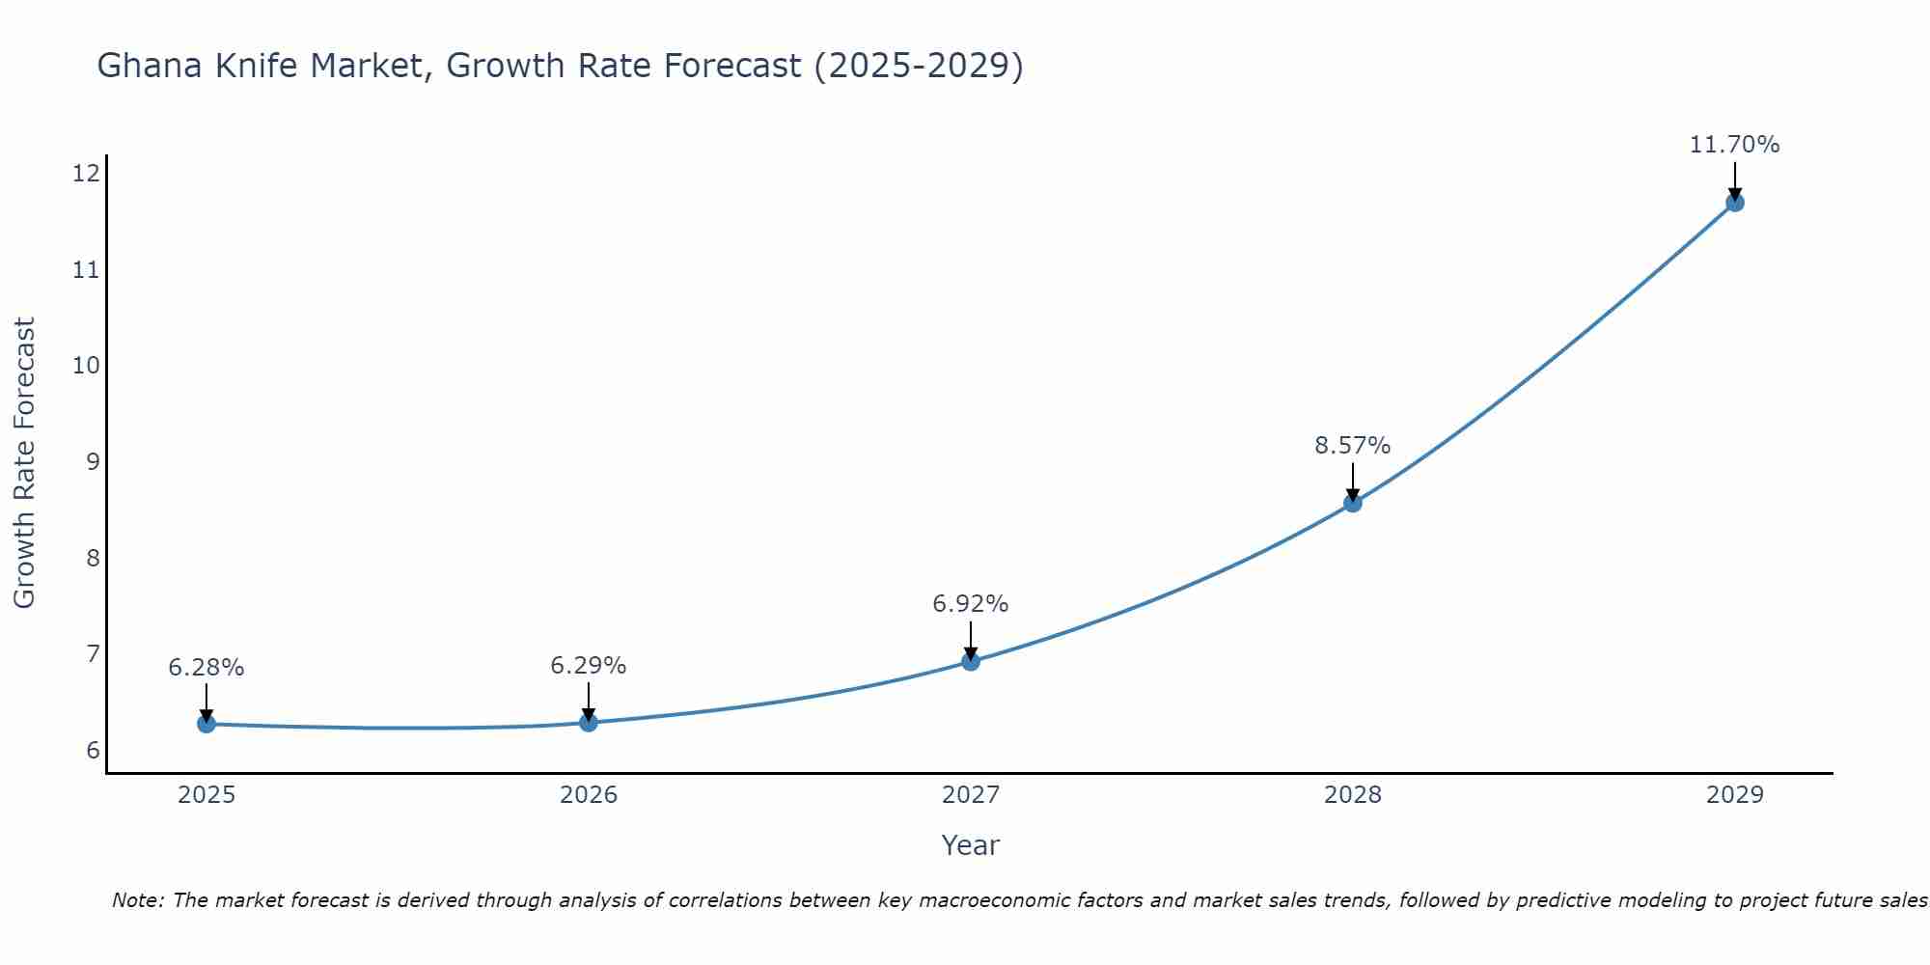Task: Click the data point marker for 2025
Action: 207,724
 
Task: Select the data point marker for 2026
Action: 589,723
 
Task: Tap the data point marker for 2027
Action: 971,662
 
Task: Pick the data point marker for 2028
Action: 1353,503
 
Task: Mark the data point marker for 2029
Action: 1735,203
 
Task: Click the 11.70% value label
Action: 1734,145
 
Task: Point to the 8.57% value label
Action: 1352,446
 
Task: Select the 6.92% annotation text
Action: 970,604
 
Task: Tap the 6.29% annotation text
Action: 588,666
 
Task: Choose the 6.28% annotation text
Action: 206,668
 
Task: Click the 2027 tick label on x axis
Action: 971,795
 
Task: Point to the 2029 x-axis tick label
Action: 1735,795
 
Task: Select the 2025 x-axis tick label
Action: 207,795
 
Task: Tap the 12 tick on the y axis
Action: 86,174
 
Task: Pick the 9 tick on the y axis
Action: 93,462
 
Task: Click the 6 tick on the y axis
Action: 93,751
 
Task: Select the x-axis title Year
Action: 970,845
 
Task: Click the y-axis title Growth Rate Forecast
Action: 24,463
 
